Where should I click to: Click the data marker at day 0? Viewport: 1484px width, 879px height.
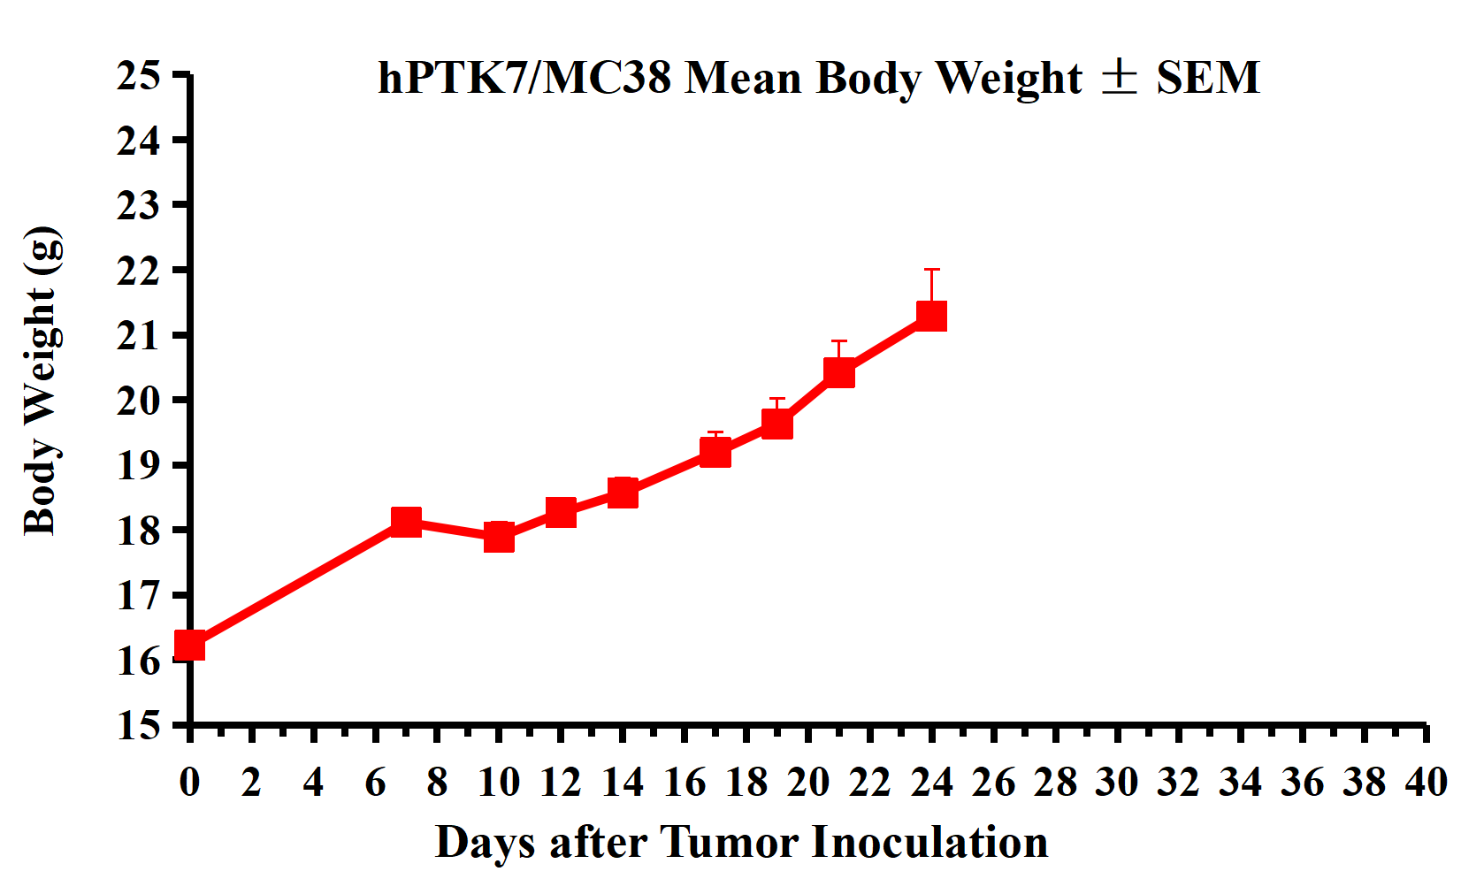tap(189, 646)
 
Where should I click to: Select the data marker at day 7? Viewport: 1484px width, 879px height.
tap(406, 522)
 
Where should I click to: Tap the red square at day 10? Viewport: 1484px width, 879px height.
tap(499, 537)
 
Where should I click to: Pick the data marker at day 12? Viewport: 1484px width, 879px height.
tap(561, 512)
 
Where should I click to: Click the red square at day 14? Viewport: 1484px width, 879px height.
tap(623, 493)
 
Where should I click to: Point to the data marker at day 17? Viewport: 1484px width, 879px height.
tap(715, 453)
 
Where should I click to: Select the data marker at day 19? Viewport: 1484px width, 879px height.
tap(776, 424)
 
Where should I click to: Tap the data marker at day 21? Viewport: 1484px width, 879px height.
tap(839, 373)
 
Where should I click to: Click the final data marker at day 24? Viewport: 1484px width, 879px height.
tap(931, 316)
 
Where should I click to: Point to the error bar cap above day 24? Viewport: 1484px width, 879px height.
tap(931, 269)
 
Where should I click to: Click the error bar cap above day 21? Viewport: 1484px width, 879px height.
tap(839, 340)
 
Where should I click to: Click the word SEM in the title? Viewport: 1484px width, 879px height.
tap(1207, 78)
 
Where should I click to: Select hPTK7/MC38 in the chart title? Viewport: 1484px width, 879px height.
tap(524, 78)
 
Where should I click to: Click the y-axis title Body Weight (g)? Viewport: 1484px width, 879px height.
tap(42, 381)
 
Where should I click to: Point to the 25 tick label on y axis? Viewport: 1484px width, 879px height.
tap(139, 76)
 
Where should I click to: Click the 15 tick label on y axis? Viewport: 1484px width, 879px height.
tap(139, 725)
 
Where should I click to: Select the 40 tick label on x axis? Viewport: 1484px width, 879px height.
tap(1426, 783)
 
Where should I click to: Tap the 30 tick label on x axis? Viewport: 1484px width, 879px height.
tap(1117, 783)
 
